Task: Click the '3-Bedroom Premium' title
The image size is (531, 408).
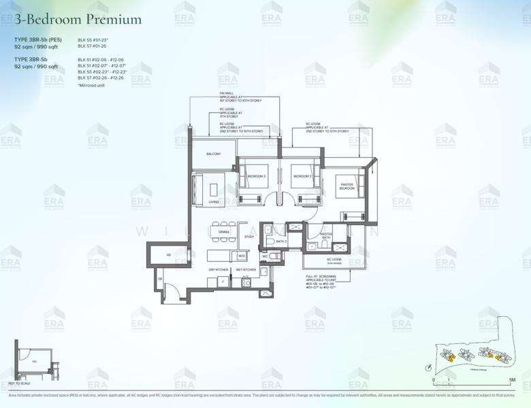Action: (78, 18)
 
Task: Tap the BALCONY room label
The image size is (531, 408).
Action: (213, 154)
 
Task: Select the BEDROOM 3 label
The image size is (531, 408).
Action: (255, 176)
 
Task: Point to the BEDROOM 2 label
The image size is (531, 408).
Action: (302, 176)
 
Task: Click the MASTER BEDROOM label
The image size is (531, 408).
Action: (347, 186)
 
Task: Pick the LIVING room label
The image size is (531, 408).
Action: (214, 202)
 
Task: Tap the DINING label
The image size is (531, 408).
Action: (223, 232)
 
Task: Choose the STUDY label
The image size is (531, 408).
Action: (249, 237)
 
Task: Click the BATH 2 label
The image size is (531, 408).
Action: (281, 241)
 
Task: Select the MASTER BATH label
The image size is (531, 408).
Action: (326, 235)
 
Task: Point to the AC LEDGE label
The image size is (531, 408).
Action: (334, 259)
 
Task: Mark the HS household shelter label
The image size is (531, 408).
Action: (167, 256)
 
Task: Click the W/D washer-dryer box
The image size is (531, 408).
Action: (241, 256)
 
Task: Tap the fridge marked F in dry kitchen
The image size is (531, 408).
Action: (222, 281)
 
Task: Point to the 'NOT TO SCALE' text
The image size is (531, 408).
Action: (21, 384)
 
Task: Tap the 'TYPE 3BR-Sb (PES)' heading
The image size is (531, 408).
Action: (38, 39)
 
